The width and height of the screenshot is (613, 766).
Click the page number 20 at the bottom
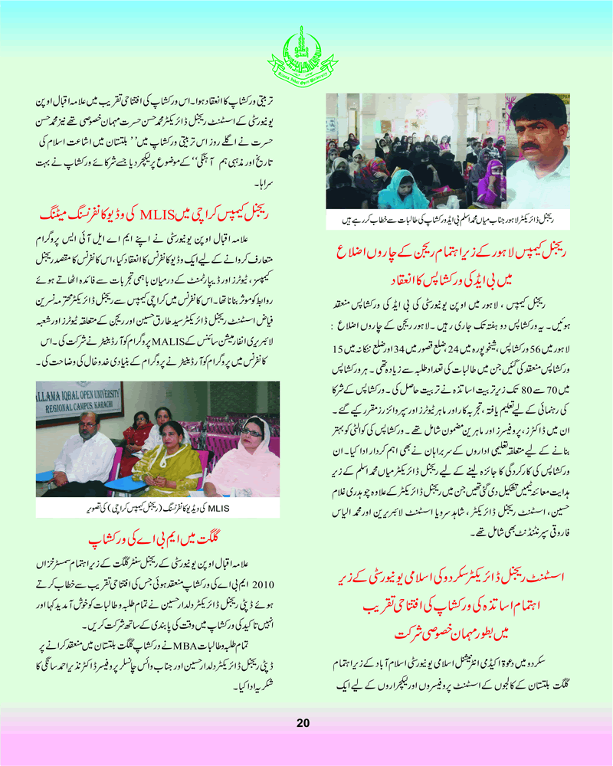click(303, 723)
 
